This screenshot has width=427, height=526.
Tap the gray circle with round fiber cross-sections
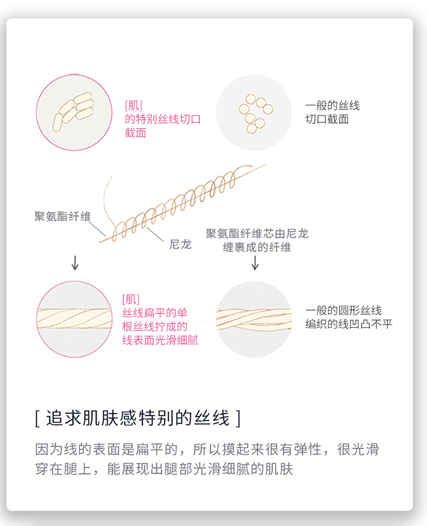tap(253, 112)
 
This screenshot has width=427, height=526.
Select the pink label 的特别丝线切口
tap(162, 119)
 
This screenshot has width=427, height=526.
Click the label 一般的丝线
tap(332, 105)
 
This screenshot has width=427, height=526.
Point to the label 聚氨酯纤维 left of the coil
tap(62, 217)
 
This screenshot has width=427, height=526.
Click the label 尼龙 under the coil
tap(181, 245)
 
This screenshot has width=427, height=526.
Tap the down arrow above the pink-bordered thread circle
tap(75, 263)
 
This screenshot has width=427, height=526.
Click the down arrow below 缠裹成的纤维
tap(255, 263)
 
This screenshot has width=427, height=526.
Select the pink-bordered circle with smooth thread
tap(74, 319)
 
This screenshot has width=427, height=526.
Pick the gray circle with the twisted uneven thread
tap(253, 319)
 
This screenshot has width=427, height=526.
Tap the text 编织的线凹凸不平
tap(349, 324)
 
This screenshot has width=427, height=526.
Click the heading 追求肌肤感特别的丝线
tap(138, 418)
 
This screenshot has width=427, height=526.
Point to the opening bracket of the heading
tap(37, 418)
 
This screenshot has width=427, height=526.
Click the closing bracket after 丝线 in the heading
tap(238, 418)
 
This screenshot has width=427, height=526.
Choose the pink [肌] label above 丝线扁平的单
tap(131, 299)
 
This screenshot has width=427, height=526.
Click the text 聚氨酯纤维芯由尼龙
tap(257, 234)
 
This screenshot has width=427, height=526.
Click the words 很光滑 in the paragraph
tap(362, 449)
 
